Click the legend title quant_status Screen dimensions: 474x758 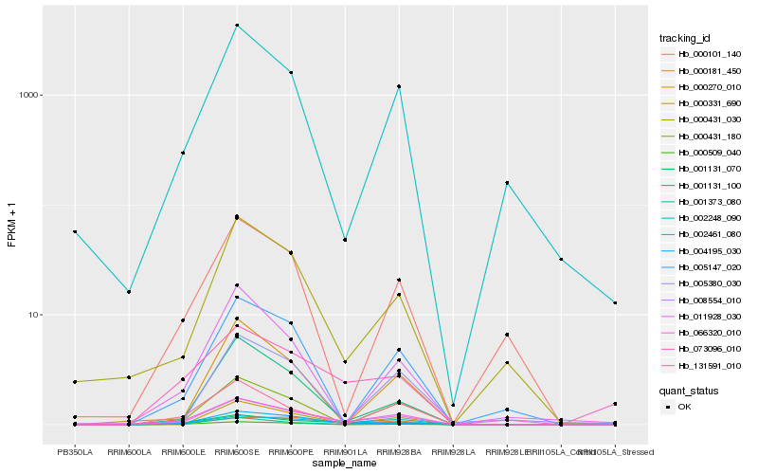689,390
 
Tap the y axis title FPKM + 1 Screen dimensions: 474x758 12,225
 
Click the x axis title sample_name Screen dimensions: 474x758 345,464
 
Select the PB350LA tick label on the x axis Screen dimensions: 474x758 75,452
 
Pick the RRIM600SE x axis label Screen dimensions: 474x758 237,452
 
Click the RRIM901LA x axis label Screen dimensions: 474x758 345,452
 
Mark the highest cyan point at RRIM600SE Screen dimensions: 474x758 237,25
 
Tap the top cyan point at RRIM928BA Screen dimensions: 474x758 399,86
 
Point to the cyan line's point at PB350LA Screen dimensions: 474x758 75,231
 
